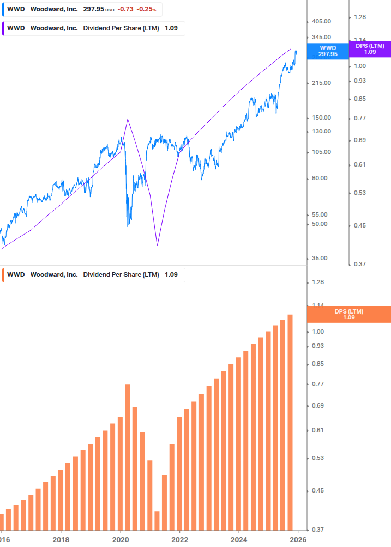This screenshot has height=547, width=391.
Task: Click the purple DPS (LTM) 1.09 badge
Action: pyautogui.click(x=370, y=49)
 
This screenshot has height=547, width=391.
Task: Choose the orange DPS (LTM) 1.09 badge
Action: pyautogui.click(x=349, y=314)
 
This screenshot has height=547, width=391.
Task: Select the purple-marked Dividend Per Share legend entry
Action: pyautogui.click(x=93, y=28)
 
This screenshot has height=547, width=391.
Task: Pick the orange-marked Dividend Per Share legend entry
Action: pyautogui.click(x=93, y=275)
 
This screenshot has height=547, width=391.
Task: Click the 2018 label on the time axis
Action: pyautogui.click(x=61, y=540)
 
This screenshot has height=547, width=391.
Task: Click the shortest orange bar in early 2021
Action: pyautogui.click(x=157, y=520)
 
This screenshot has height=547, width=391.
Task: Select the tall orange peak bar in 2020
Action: pyautogui.click(x=127, y=457)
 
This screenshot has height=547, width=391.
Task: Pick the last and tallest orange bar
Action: pyautogui.click(x=290, y=422)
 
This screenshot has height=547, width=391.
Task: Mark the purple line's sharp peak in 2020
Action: pyautogui.click(x=128, y=119)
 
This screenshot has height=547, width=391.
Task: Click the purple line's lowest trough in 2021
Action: pyautogui.click(x=157, y=245)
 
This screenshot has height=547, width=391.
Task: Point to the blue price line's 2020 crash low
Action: pyautogui.click(x=128, y=225)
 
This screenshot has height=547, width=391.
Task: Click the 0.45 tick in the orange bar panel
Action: pyautogui.click(x=317, y=490)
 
